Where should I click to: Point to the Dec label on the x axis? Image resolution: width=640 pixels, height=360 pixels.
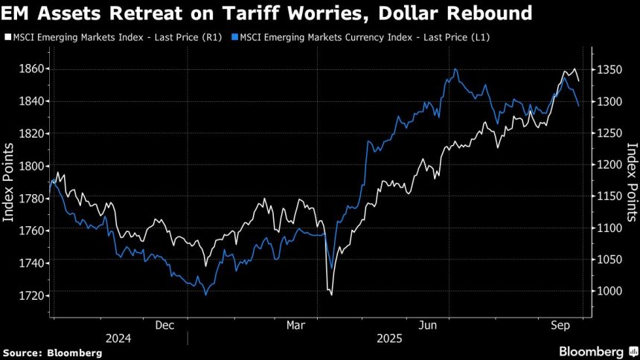(x=164, y=325)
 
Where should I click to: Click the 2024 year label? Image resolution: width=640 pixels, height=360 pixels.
(x=118, y=338)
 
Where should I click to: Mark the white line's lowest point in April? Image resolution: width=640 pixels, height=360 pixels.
(x=331, y=295)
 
